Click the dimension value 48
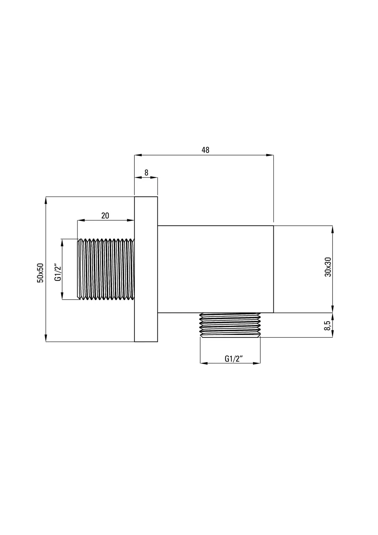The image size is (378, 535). [205, 150]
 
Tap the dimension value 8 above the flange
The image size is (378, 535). [146, 173]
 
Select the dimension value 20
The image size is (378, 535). [105, 215]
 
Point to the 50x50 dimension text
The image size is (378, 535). [40, 273]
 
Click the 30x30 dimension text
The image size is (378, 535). [328, 267]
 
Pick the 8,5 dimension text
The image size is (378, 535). [327, 325]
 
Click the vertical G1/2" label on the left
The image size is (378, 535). [58, 272]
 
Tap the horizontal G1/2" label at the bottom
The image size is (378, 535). [234, 358]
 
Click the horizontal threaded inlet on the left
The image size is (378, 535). [106, 269]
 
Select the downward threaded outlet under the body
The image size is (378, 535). [230, 325]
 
